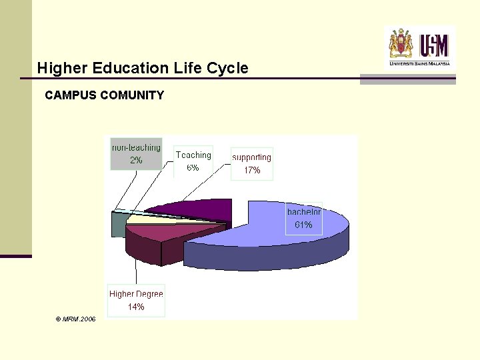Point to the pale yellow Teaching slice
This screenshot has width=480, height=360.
point(143,218)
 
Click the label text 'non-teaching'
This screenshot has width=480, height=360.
point(136,147)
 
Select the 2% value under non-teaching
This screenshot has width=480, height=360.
point(136,160)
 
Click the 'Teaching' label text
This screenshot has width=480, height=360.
point(193,155)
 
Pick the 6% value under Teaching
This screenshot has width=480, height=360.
point(193,167)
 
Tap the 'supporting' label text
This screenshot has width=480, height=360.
point(252,157)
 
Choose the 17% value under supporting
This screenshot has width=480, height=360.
point(252,171)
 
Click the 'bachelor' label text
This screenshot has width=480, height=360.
point(304,212)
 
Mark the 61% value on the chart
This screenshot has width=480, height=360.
point(303,225)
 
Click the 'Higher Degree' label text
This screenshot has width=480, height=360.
point(136,294)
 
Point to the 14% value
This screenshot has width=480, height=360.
point(136,307)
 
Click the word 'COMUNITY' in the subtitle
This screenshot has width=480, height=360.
point(132,95)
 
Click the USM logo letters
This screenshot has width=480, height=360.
point(434,45)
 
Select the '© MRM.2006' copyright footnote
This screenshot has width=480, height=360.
point(76,319)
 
